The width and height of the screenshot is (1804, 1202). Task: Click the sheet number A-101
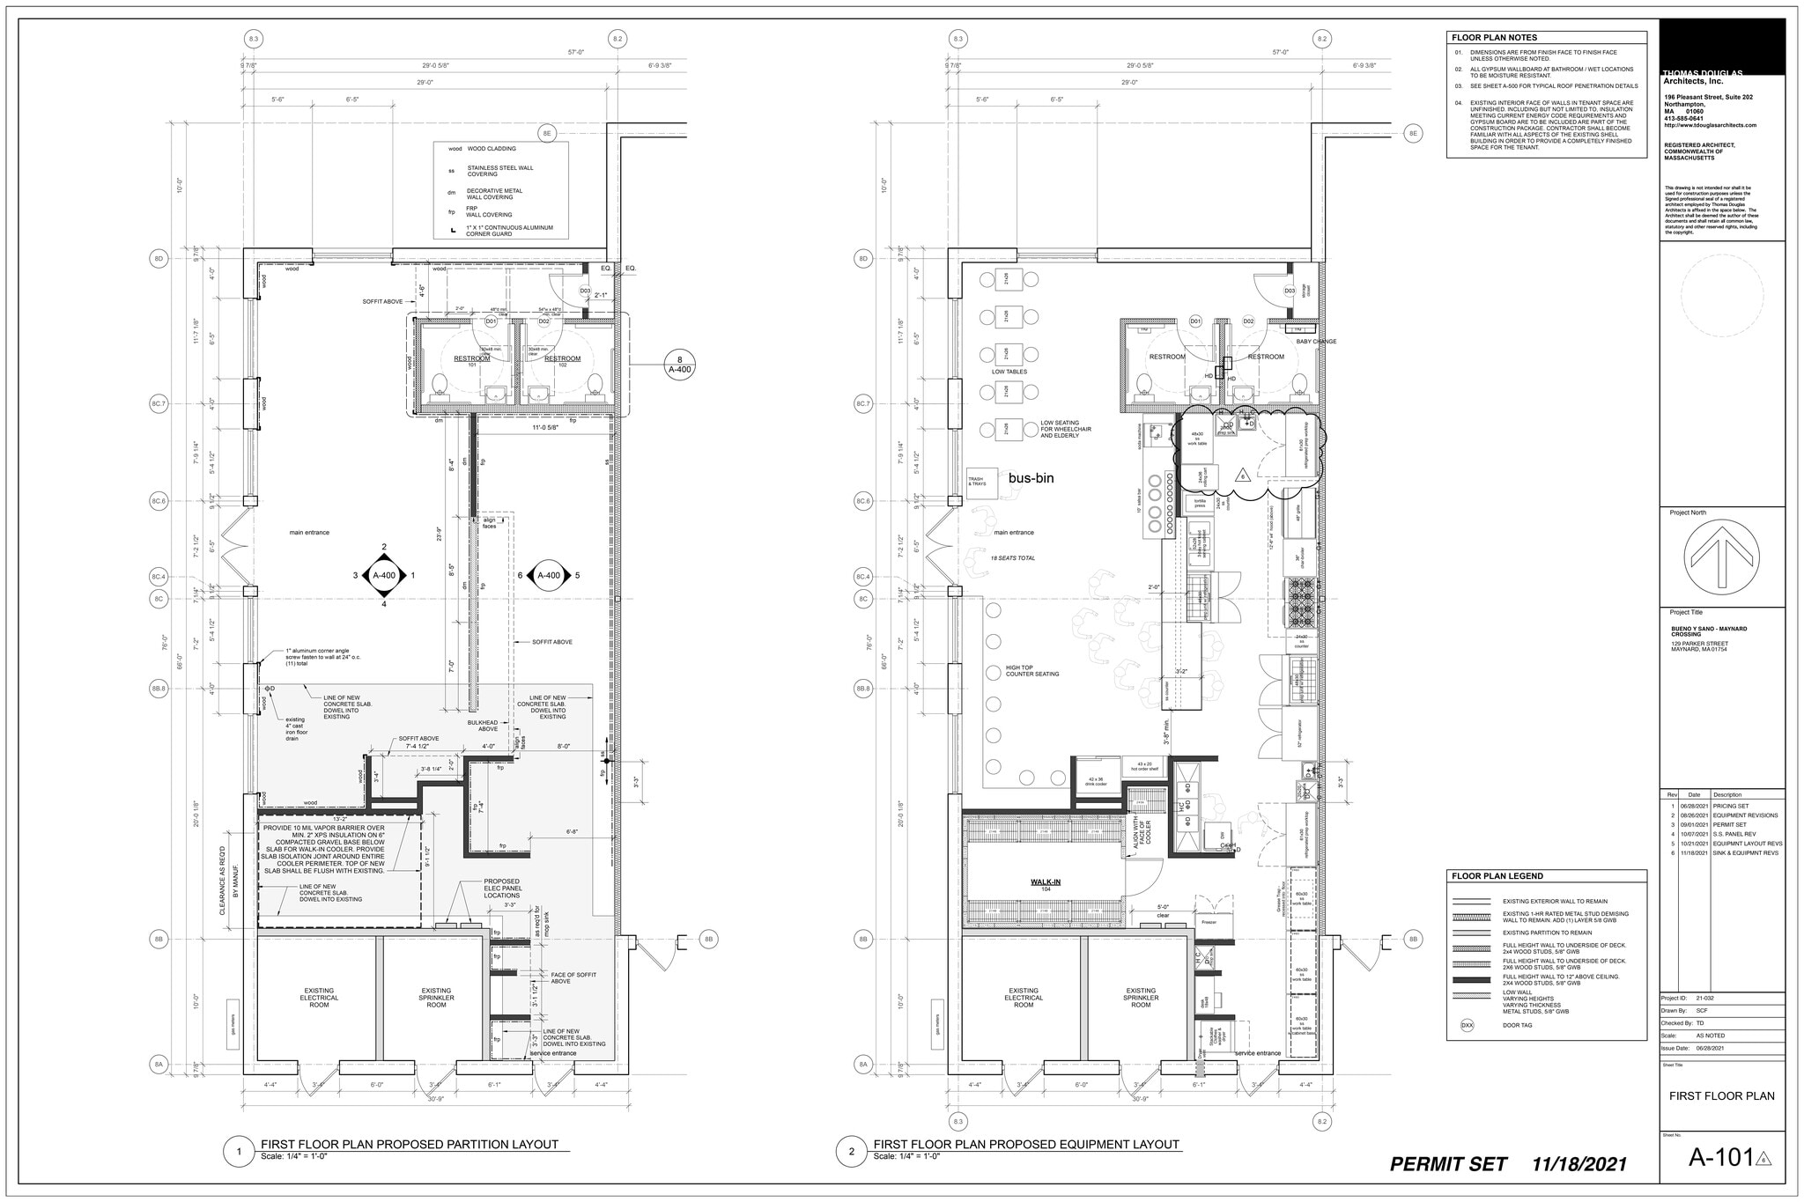[x=1720, y=1157]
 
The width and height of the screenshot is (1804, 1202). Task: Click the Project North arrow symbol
[x=1721, y=557]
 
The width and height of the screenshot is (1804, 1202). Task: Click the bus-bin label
[x=1031, y=478]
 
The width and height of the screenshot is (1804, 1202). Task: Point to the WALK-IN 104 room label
[x=1046, y=884]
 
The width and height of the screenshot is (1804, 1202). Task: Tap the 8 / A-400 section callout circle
[x=679, y=364]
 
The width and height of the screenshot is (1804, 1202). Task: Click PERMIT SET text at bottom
[x=1447, y=1164]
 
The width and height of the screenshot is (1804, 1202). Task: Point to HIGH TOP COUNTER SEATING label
[x=1032, y=671]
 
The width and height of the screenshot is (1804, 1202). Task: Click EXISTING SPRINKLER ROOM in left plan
[x=436, y=997]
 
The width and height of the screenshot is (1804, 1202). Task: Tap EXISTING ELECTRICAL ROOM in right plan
[x=1024, y=997]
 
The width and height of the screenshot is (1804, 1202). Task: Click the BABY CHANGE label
[x=1315, y=342]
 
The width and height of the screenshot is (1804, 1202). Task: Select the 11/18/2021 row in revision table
[x=1722, y=853]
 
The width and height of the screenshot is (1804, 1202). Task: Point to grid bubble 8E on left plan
[x=547, y=134]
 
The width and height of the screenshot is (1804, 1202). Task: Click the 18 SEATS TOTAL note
[x=1013, y=558]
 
